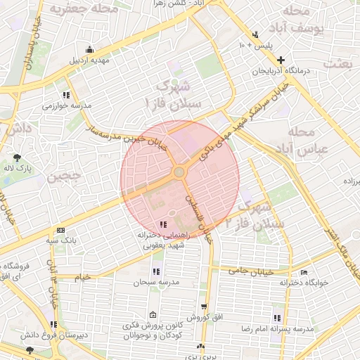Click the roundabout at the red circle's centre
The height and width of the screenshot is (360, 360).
click(x=180, y=172)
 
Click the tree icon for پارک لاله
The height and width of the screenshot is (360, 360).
click(x=18, y=157)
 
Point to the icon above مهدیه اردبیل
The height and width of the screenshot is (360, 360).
click(x=89, y=49)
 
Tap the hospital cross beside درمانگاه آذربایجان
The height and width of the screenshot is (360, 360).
click(x=281, y=60)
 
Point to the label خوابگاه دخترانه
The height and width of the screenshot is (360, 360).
click(x=304, y=283)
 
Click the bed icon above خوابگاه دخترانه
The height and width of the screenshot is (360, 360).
click(x=304, y=272)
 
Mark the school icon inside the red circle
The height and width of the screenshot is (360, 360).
click(x=164, y=224)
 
